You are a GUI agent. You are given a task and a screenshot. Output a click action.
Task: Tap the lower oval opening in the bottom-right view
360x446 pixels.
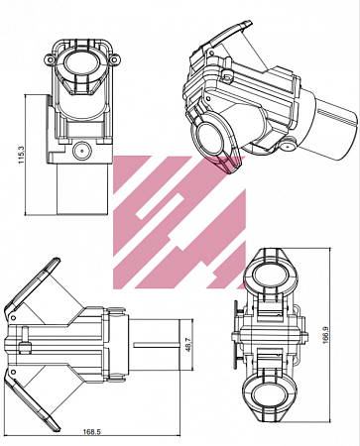tap(268, 400)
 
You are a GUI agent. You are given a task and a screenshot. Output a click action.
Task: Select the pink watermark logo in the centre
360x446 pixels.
tap(179, 213)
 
